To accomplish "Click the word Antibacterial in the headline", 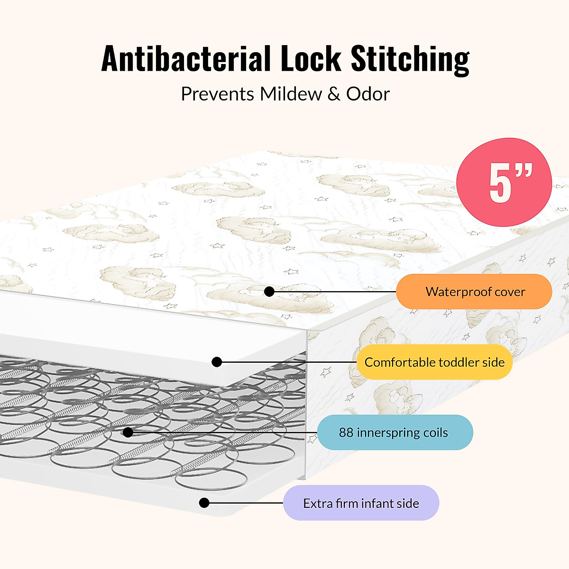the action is [186, 59].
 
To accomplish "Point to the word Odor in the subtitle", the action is [367, 94].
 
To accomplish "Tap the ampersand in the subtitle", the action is [334, 94].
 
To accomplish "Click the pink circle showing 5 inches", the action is [504, 182].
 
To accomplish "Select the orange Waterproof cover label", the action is [474, 292].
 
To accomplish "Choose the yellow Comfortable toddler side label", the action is [434, 362].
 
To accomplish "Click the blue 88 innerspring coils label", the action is [395, 432].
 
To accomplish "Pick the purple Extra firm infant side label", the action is [361, 503].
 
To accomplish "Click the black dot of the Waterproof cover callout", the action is [269, 292].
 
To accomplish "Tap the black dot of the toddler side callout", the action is [217, 362].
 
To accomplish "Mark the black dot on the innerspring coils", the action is [128, 432].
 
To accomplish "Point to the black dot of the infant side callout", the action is [204, 503].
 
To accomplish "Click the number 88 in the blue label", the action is [346, 432].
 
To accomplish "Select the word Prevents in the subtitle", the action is [218, 94].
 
